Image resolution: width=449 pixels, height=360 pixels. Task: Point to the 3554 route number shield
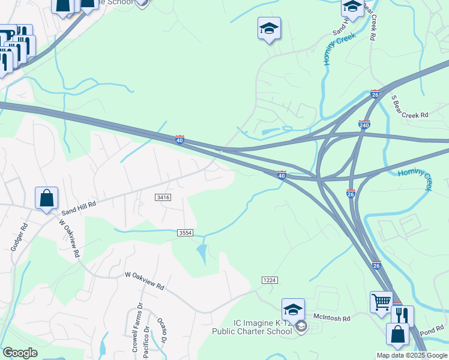tap(185, 233)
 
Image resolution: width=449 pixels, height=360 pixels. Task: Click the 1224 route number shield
tap(270, 281)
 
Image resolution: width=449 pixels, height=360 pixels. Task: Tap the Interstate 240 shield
tap(364, 125)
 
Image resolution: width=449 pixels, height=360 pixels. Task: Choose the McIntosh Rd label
tap(331, 318)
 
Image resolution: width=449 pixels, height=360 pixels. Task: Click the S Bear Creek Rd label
tap(410, 106)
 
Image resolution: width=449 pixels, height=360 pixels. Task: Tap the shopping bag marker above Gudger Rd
tap(47, 197)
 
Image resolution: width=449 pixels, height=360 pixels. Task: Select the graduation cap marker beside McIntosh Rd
tap(293, 310)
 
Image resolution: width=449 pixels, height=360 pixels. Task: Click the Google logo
tap(20, 353)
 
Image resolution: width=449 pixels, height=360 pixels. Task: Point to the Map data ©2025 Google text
tap(411, 355)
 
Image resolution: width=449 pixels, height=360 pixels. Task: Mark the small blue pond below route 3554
tap(202, 251)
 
